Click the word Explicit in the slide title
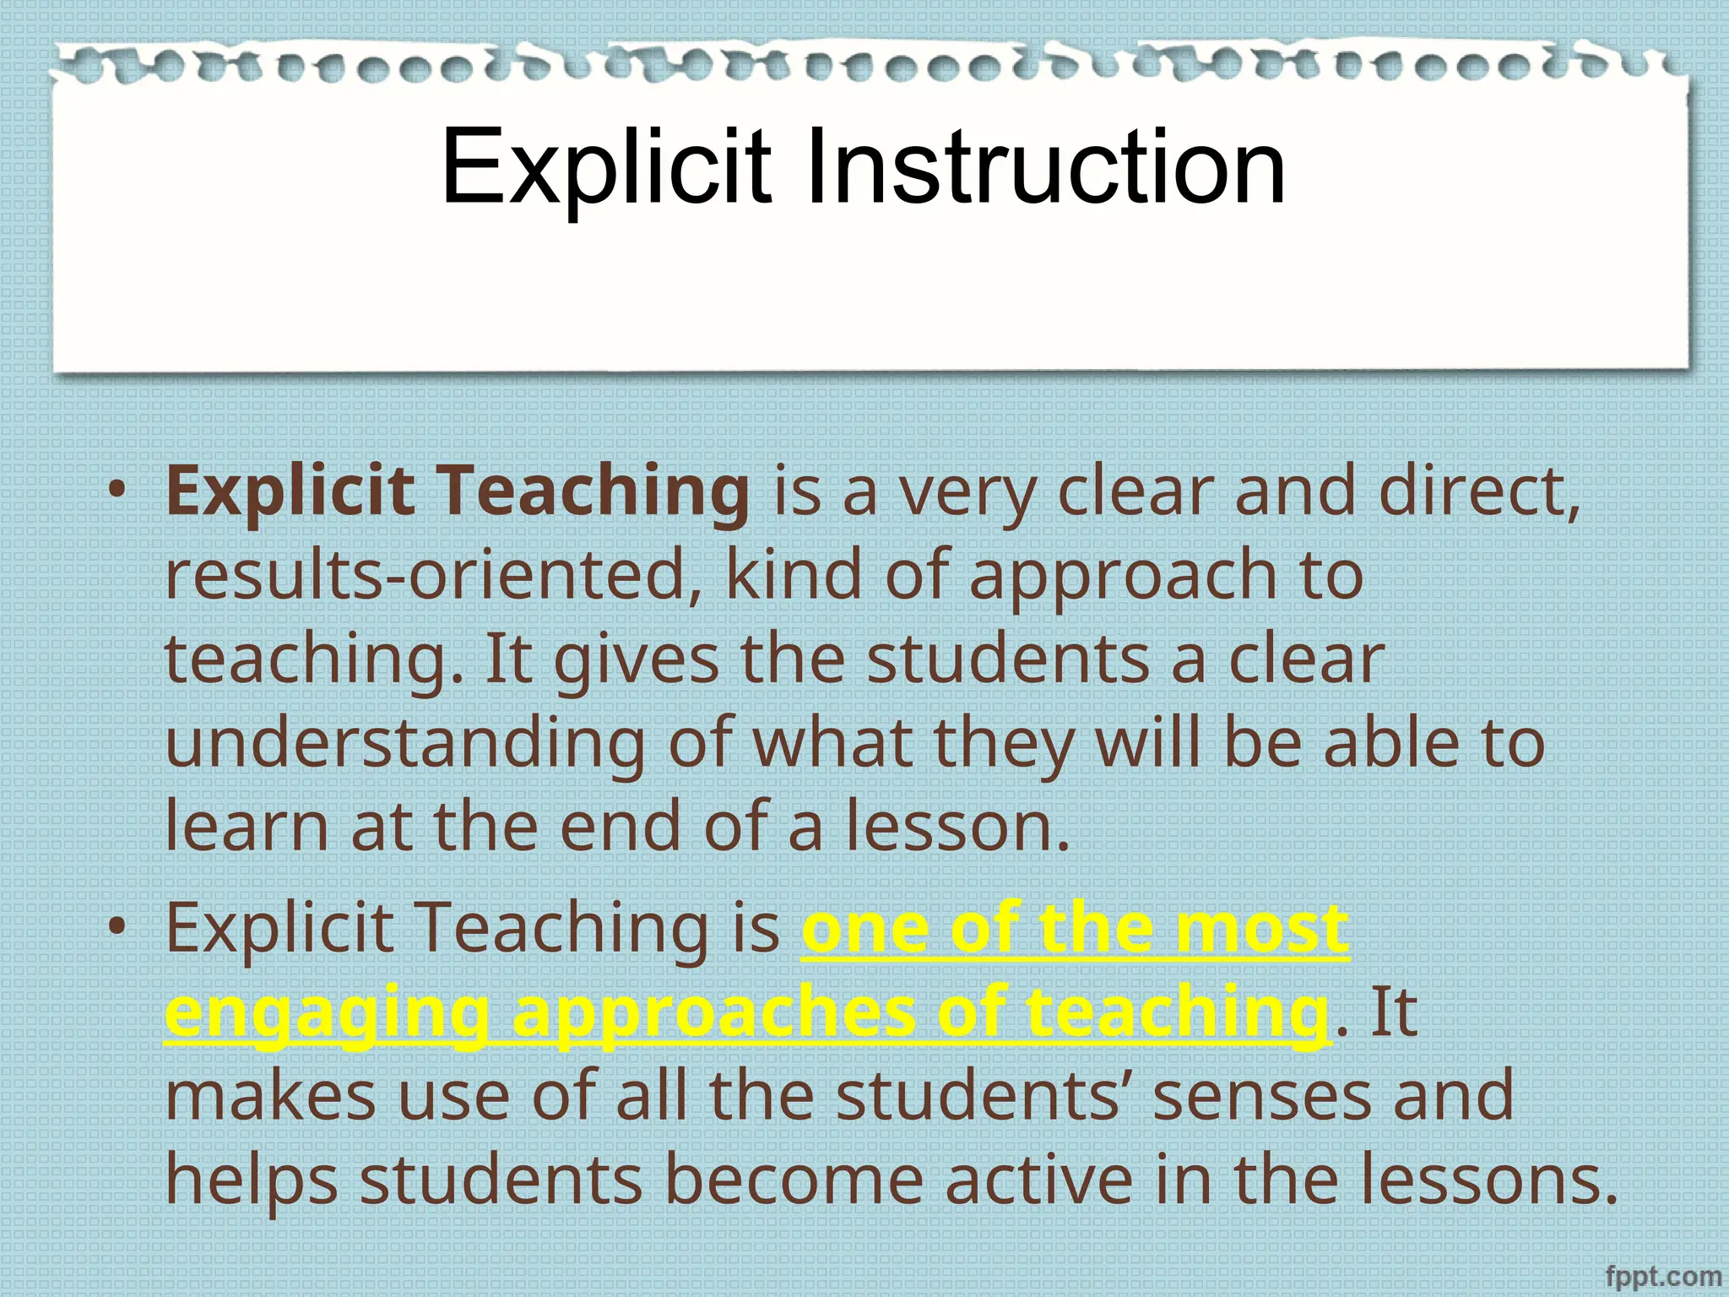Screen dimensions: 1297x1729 click(x=605, y=166)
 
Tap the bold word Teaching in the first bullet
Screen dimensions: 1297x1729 click(x=596, y=492)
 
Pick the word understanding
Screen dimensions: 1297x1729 click(x=405, y=744)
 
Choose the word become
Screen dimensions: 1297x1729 click(x=794, y=1180)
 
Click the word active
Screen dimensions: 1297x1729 click(x=1038, y=1180)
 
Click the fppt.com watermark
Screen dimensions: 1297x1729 click(x=1662, y=1276)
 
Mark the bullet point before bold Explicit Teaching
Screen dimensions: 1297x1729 click(x=117, y=492)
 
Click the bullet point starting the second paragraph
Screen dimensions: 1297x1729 click(x=117, y=928)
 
